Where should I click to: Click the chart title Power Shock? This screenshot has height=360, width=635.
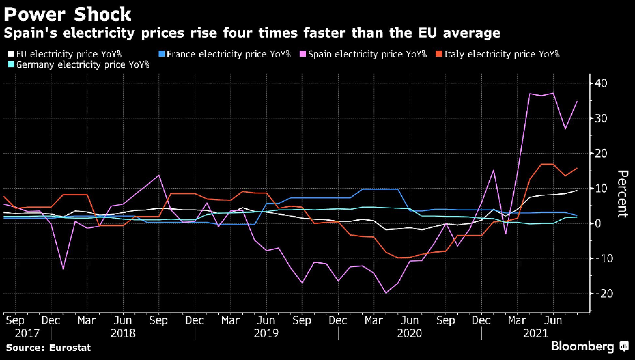[x=67, y=14]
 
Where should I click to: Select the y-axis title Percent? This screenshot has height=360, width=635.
[x=622, y=194]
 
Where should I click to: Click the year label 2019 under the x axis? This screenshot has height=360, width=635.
[x=266, y=334]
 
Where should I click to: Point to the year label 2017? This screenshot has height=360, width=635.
[x=27, y=334]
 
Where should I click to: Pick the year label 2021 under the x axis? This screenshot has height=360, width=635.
[x=535, y=334]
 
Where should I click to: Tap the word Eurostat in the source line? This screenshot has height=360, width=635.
[x=70, y=348]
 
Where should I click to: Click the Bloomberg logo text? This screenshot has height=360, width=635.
[x=582, y=347]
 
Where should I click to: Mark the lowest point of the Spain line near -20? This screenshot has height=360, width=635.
[x=386, y=293]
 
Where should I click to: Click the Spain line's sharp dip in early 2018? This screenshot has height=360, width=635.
[x=63, y=269]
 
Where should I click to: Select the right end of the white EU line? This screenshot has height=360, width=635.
[x=577, y=190]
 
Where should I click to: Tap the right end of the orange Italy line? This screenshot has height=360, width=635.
[x=577, y=168]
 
